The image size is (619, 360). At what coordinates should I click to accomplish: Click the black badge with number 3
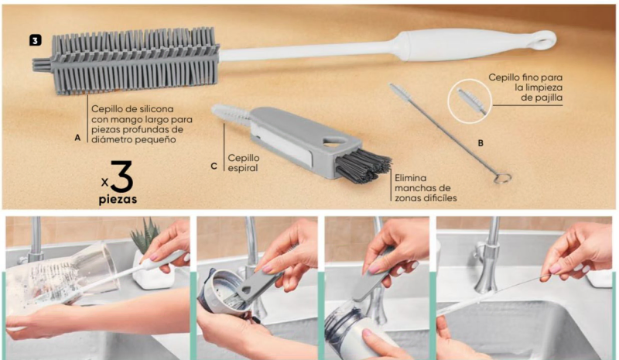[x=35, y=40]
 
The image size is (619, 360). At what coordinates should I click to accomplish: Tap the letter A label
[x=77, y=138]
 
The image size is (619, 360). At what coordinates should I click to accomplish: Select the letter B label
[x=480, y=143]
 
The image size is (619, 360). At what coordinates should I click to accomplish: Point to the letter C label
[x=214, y=166]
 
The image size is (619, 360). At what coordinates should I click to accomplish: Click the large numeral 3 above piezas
[x=121, y=176]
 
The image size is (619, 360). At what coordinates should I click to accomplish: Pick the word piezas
[x=118, y=200]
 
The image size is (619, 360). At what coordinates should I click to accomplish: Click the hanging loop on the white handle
[x=545, y=40]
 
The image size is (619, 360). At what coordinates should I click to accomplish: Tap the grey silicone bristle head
[x=125, y=60]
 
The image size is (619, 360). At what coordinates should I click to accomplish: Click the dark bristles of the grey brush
[x=363, y=166]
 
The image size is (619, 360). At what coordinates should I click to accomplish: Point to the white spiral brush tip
[x=230, y=115]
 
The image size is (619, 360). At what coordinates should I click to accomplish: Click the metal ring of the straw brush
[x=502, y=179]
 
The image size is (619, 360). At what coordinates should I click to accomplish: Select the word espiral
[x=242, y=168]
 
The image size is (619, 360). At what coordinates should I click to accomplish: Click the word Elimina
[x=410, y=178]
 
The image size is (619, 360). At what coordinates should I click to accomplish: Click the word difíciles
[x=440, y=197]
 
